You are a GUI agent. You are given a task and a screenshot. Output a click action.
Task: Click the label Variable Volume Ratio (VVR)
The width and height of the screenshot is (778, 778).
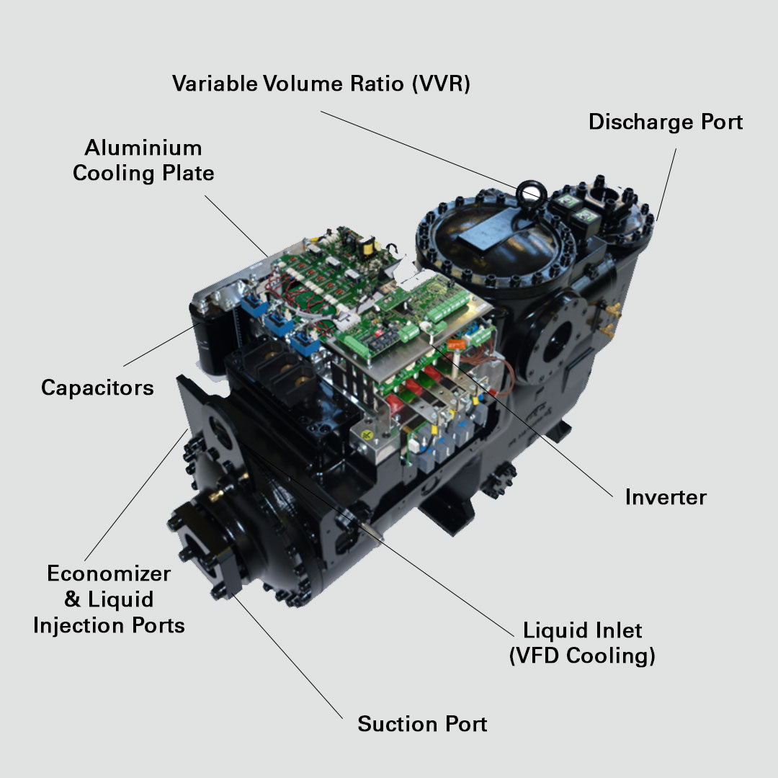(x=321, y=84)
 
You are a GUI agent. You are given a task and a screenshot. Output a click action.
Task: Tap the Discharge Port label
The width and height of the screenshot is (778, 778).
(x=666, y=122)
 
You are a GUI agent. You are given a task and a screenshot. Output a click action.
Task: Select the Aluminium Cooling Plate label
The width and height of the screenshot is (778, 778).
(x=143, y=160)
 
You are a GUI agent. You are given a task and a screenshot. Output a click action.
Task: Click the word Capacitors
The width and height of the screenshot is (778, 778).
(x=97, y=387)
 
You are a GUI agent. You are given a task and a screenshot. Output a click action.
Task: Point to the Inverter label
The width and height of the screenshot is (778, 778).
(x=666, y=496)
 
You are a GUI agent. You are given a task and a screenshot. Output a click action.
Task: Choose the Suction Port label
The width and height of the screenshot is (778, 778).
(x=422, y=723)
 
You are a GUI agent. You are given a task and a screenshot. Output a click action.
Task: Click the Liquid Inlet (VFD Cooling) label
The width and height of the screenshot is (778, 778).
(x=582, y=643)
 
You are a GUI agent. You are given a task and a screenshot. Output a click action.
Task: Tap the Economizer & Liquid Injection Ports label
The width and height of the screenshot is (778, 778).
(x=109, y=599)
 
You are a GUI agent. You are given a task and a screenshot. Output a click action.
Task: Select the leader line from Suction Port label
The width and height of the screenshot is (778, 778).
(x=287, y=656)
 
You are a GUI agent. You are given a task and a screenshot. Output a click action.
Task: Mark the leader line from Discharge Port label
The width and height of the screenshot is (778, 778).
(x=666, y=184)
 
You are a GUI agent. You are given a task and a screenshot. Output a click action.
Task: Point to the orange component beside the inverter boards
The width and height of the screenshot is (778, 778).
(x=456, y=344)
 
